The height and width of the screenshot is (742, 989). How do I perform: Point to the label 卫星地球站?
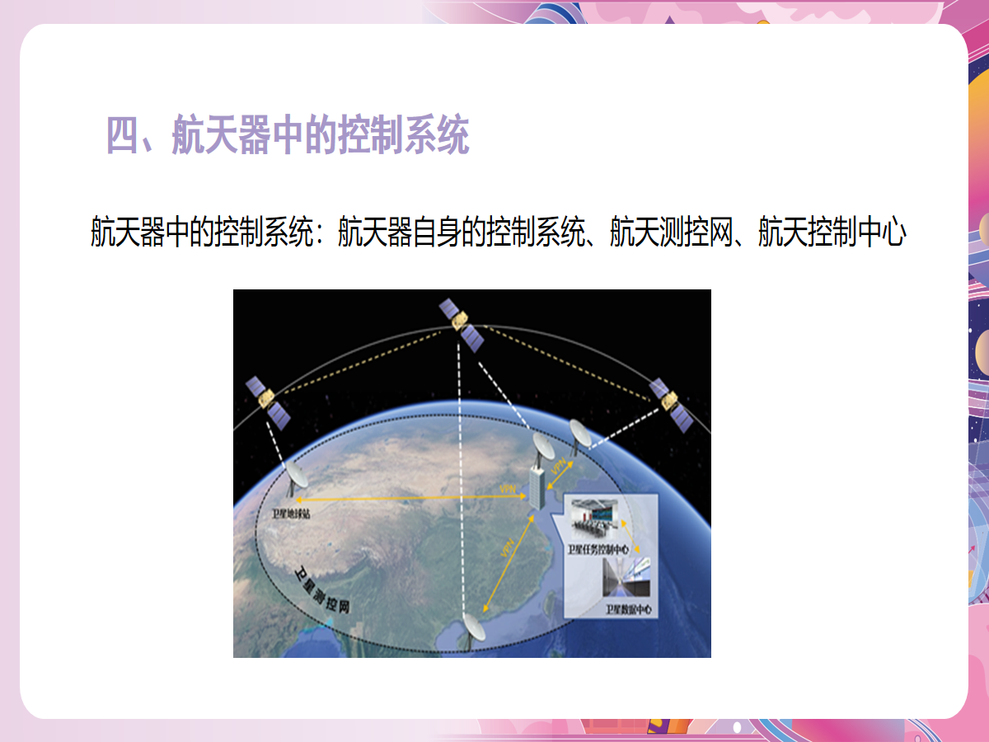pos(290,513)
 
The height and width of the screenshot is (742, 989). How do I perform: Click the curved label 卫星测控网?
pos(323,591)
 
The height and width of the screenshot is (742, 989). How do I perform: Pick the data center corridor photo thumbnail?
pos(627,577)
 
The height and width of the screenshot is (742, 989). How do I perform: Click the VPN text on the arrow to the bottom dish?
pos(507,549)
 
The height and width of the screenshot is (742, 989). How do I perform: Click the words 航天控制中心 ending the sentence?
pos(832,232)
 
